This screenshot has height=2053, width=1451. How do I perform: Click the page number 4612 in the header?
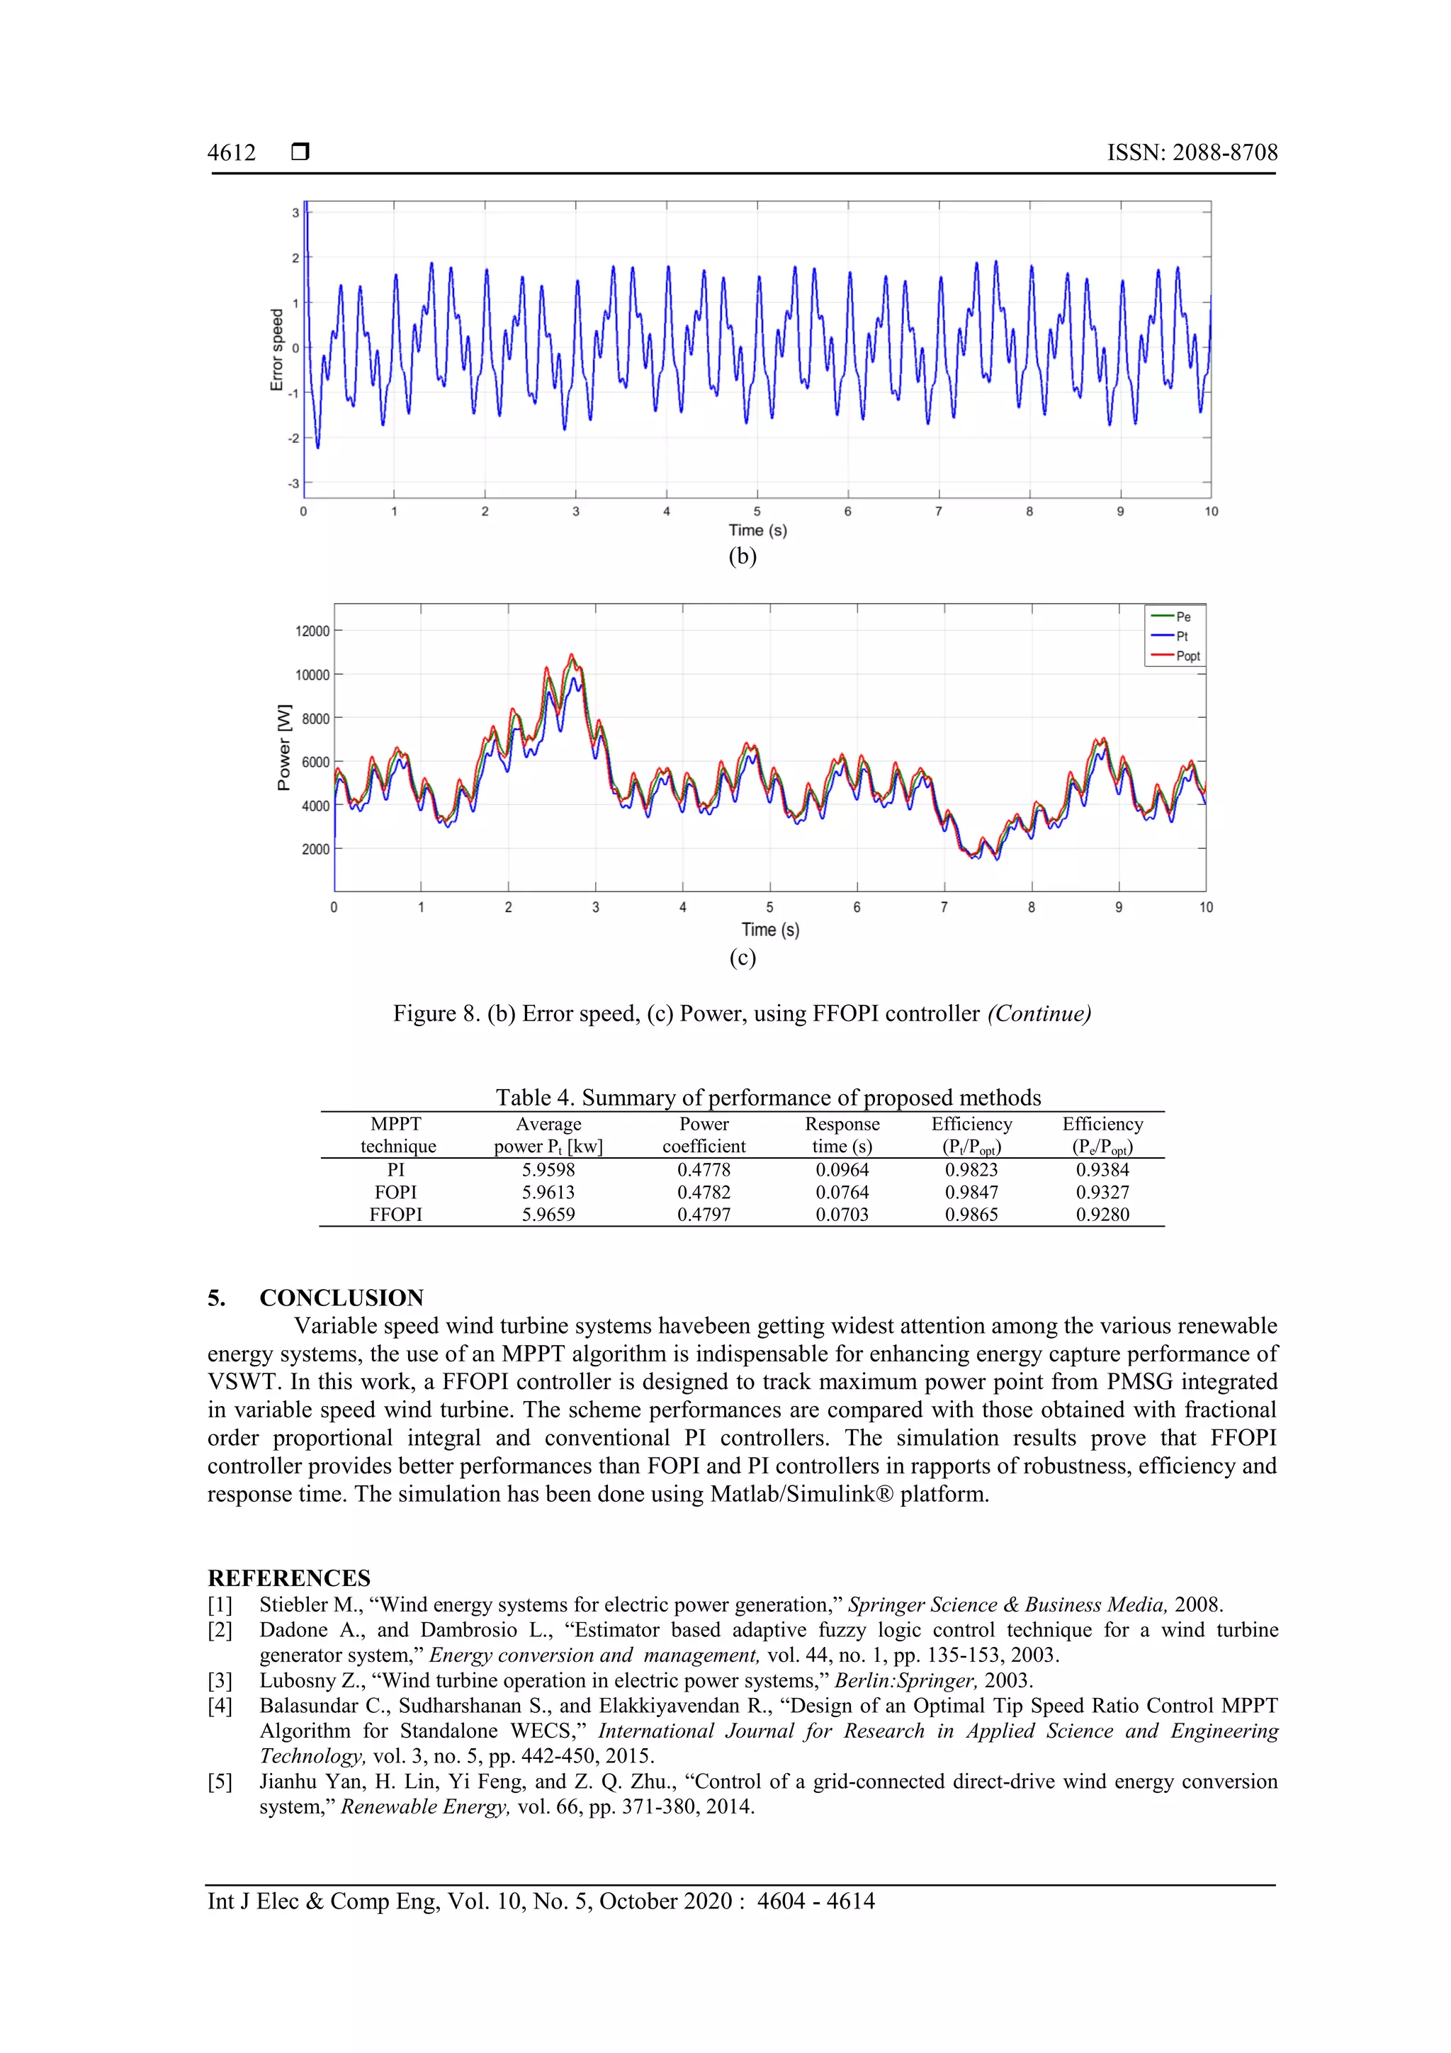coord(231,153)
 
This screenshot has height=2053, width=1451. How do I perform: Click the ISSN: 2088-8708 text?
coord(1192,153)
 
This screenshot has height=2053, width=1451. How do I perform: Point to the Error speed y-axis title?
coord(276,349)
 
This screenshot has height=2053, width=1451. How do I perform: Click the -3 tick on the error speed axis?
coord(293,484)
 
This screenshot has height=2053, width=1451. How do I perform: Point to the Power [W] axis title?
coord(283,748)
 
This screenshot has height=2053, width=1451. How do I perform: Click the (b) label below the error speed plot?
coord(742,556)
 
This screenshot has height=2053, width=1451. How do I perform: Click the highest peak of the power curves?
coord(572,656)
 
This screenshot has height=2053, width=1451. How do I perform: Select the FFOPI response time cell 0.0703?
coord(841,1214)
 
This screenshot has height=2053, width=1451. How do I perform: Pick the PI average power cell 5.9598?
coord(548,1169)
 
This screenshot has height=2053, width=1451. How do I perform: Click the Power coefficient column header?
coord(704,1135)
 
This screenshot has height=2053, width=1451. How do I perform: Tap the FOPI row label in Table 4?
coord(395,1192)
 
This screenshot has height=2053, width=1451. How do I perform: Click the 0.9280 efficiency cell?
coord(1102,1214)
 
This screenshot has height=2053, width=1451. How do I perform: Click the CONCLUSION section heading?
coord(341,1298)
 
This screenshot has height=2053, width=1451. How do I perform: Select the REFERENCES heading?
coord(289,1577)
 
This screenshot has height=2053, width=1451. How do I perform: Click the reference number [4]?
coord(220,1705)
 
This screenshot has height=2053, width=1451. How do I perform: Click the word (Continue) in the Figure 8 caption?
coord(1039,1013)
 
